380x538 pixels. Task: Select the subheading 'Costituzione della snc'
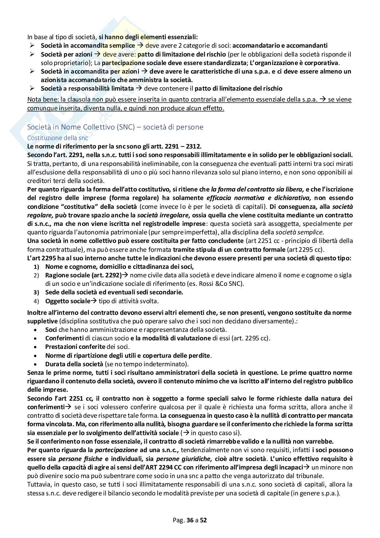tap(58, 138)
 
